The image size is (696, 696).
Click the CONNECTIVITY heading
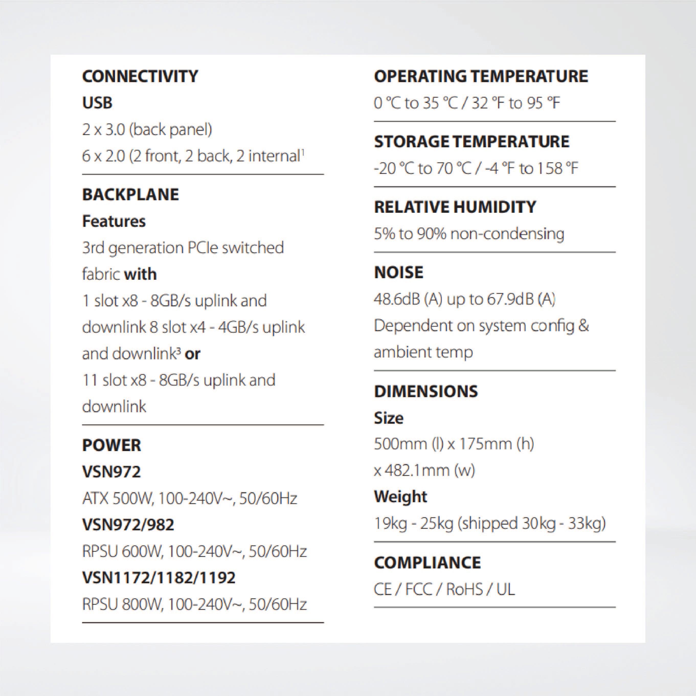[140, 76]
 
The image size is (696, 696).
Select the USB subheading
[97, 103]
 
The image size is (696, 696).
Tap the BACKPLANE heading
[130, 195]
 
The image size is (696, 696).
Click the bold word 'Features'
[114, 221]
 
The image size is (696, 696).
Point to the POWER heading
[111, 445]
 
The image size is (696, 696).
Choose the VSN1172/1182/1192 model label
[159, 577]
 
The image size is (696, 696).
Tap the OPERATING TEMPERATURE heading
[481, 76]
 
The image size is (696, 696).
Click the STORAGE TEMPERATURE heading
[472, 142]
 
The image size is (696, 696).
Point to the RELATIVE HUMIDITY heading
[455, 207]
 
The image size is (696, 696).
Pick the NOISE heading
[398, 272]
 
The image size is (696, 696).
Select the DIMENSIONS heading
[426, 391]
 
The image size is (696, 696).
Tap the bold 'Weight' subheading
[400, 496]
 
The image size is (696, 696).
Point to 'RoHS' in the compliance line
[464, 589]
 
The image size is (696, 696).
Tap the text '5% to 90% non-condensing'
[469, 234]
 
